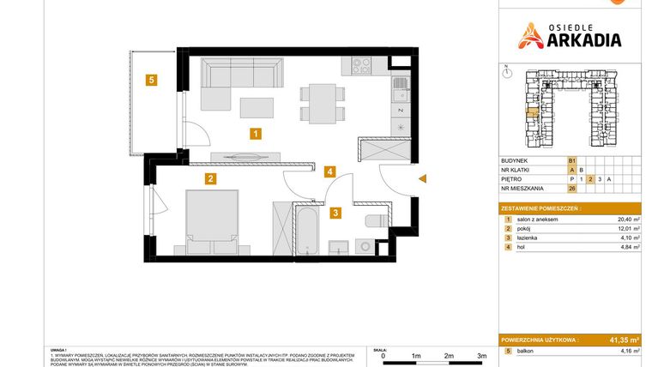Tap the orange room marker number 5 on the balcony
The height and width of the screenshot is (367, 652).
(151, 81)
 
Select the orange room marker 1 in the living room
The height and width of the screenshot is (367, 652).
(255, 133)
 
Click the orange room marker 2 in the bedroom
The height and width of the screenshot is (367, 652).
(209, 179)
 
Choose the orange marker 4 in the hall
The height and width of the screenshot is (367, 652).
(329, 171)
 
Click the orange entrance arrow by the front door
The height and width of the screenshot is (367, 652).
(421, 178)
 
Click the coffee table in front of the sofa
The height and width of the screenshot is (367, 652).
(256, 108)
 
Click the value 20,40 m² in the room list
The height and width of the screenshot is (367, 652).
(629, 220)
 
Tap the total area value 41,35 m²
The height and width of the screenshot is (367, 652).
(622, 340)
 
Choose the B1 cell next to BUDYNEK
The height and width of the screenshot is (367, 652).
(570, 160)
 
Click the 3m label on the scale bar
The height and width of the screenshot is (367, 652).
(481, 355)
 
